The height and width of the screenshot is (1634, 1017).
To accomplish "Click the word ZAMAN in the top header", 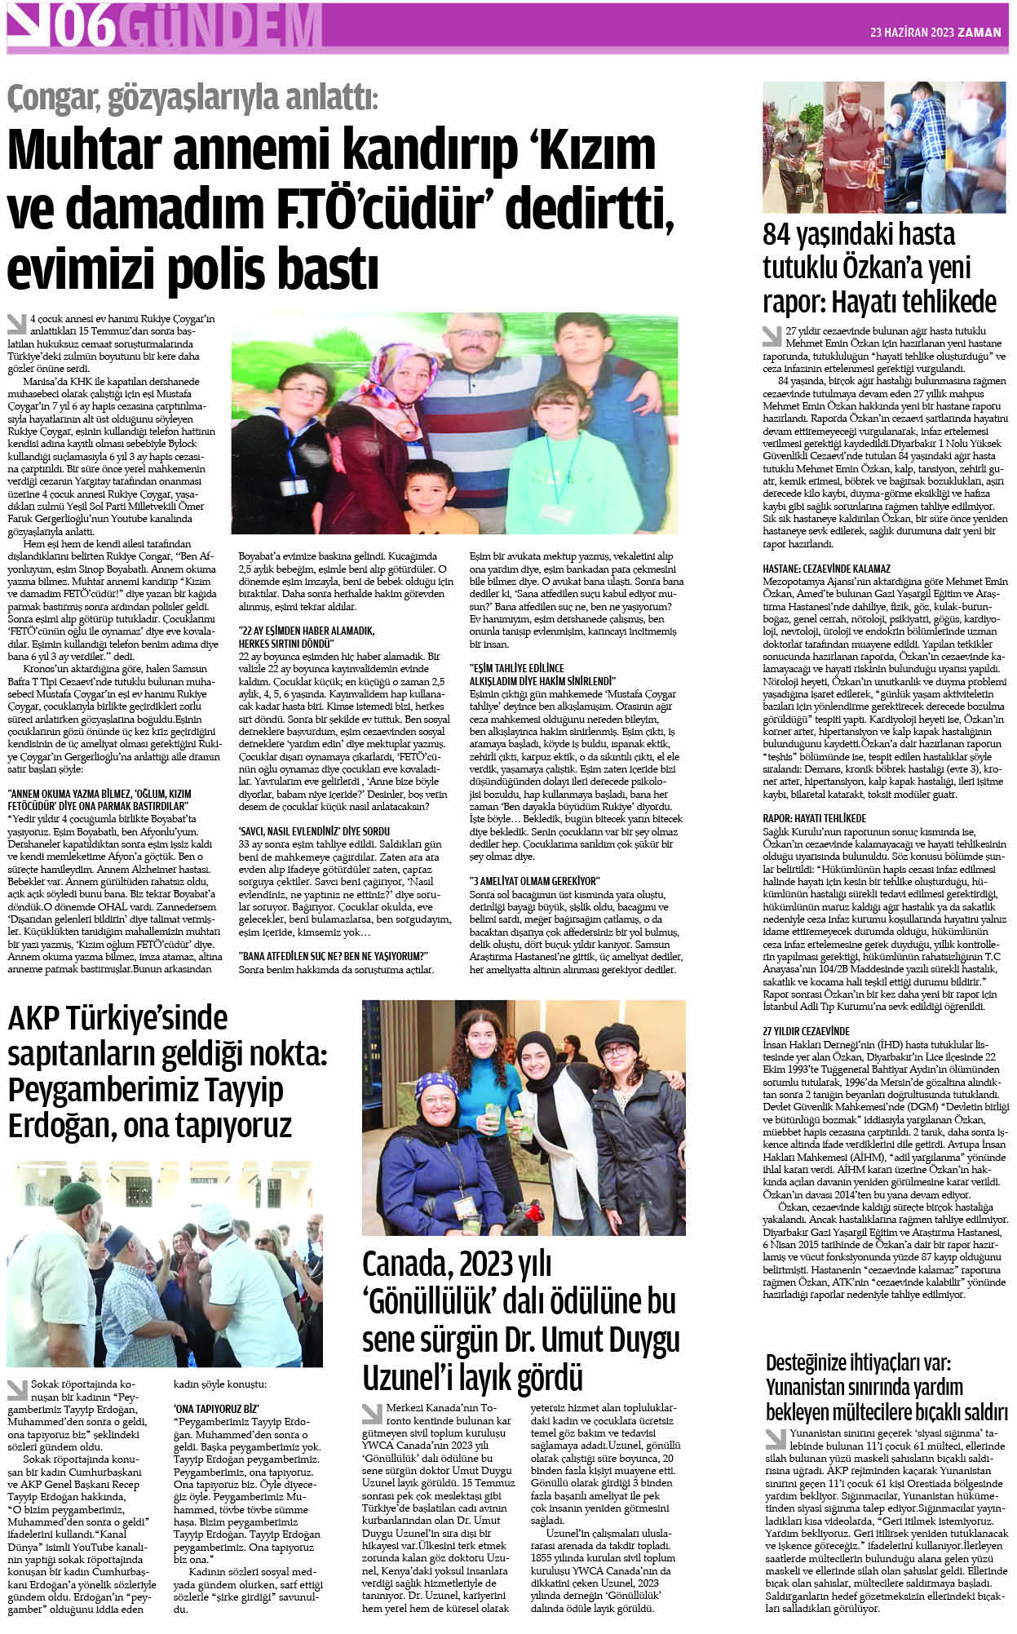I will tap(979, 33).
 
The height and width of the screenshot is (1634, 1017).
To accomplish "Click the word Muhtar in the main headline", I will tap(99, 152).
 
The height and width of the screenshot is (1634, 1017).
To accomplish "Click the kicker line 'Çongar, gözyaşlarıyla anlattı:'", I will tap(192, 100).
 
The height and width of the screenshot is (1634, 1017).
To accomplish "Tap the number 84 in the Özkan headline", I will tap(780, 235).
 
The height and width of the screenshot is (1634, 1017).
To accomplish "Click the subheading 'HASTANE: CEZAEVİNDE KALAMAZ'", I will tap(826, 569).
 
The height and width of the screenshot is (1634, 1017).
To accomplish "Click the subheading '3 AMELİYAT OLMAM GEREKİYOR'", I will tap(534, 880).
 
